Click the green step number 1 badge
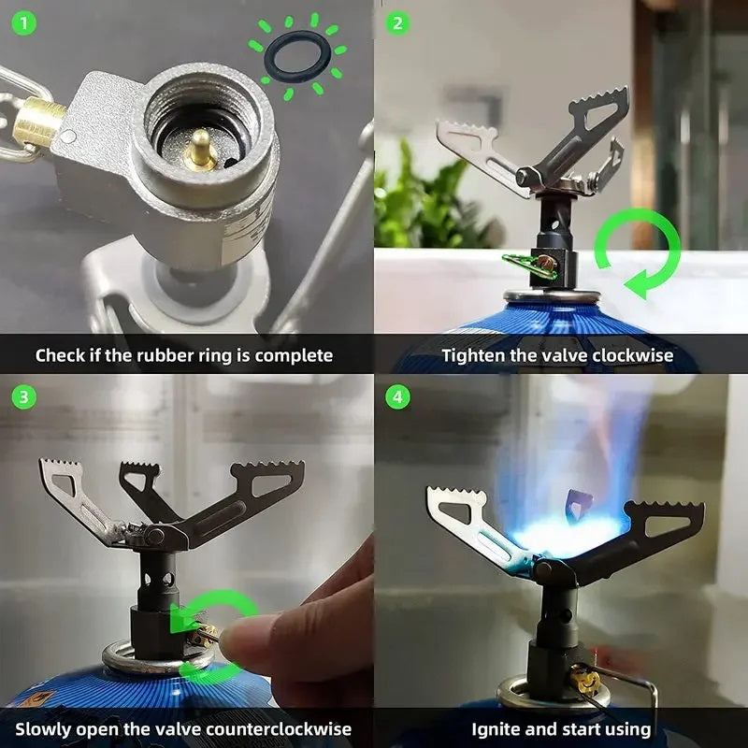[x=23, y=22]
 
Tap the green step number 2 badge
[x=397, y=22]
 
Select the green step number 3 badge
[x=23, y=396]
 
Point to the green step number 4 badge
[x=397, y=396]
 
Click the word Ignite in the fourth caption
[x=494, y=729]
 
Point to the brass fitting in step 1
[x=38, y=122]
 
